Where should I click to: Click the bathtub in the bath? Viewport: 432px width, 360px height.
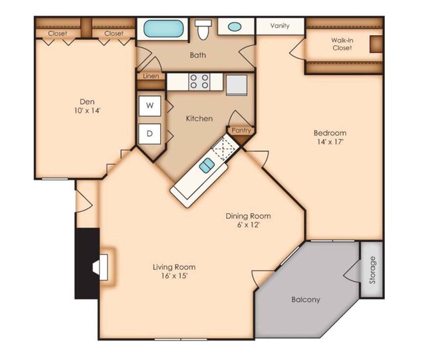(x=159, y=29)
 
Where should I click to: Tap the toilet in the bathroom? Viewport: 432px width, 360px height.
(x=203, y=30)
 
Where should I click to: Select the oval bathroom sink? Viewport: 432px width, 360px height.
(x=235, y=28)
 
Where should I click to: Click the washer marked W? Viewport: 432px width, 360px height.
(x=150, y=105)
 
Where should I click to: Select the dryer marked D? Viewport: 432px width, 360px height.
(x=150, y=134)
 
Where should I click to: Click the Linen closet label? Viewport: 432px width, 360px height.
(x=150, y=76)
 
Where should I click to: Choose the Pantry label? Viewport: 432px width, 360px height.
(x=241, y=131)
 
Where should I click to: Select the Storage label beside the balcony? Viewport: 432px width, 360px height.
(x=372, y=270)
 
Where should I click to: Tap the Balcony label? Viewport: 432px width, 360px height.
(x=306, y=300)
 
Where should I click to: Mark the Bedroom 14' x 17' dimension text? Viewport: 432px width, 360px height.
(x=330, y=141)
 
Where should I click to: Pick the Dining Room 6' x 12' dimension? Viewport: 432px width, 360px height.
(x=249, y=225)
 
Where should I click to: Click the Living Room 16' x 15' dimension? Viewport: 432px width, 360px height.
(x=174, y=276)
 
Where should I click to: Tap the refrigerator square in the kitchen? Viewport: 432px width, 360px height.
(x=237, y=84)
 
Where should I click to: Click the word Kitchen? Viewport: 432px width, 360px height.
(x=199, y=119)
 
